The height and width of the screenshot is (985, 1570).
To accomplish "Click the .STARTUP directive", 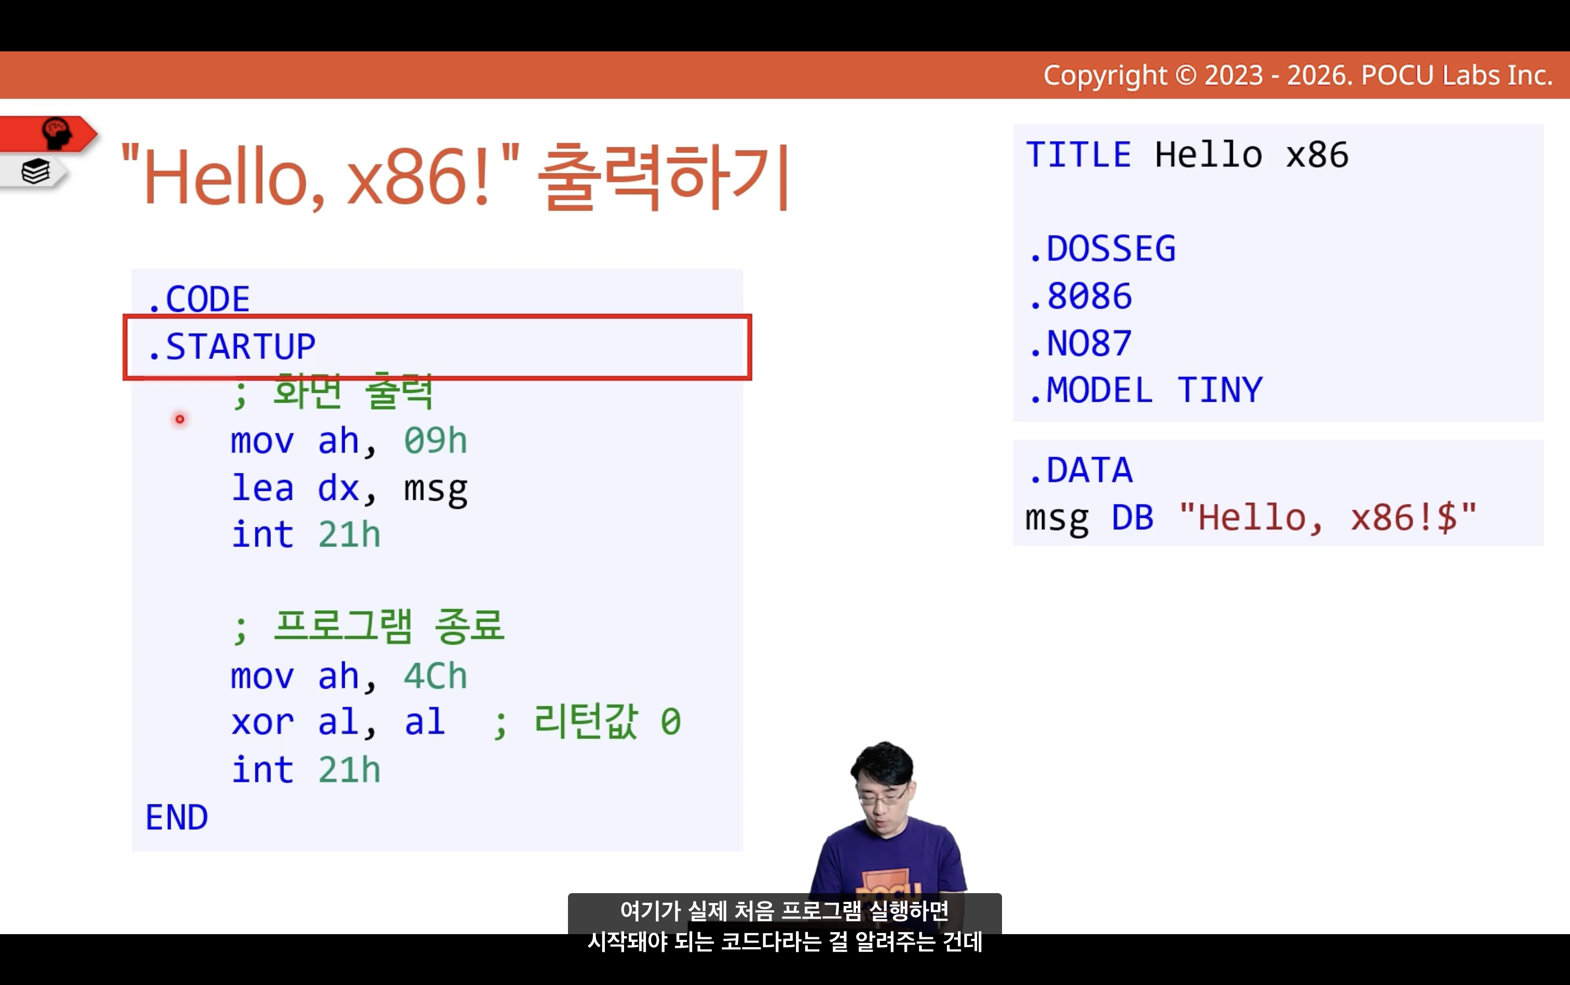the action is [232, 346].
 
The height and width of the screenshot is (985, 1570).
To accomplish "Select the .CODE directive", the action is [198, 299].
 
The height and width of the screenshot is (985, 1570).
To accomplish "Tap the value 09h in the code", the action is [436, 441].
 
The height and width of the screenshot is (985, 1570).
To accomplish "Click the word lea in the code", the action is [263, 487].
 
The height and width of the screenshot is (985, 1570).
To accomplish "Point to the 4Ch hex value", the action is [436, 676].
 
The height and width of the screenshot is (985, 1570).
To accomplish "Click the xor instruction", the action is [263, 722].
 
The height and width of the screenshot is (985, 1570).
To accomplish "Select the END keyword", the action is [177, 817].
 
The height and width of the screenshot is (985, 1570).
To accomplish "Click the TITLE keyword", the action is [1079, 155].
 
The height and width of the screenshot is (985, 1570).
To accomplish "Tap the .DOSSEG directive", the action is [1103, 249].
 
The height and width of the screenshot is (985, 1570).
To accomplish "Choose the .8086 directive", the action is [1080, 296].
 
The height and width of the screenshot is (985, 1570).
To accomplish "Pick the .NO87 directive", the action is [1080, 344].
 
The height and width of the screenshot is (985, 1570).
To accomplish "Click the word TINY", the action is [1220, 390].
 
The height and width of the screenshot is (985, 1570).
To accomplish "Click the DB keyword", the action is [1133, 517].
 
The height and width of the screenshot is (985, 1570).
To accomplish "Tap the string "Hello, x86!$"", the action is [1328, 517].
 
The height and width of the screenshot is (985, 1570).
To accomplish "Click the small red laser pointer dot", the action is [180, 419].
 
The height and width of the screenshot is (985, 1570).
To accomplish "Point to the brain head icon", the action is [56, 133].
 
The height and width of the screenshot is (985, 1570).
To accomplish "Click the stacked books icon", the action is [35, 171].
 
